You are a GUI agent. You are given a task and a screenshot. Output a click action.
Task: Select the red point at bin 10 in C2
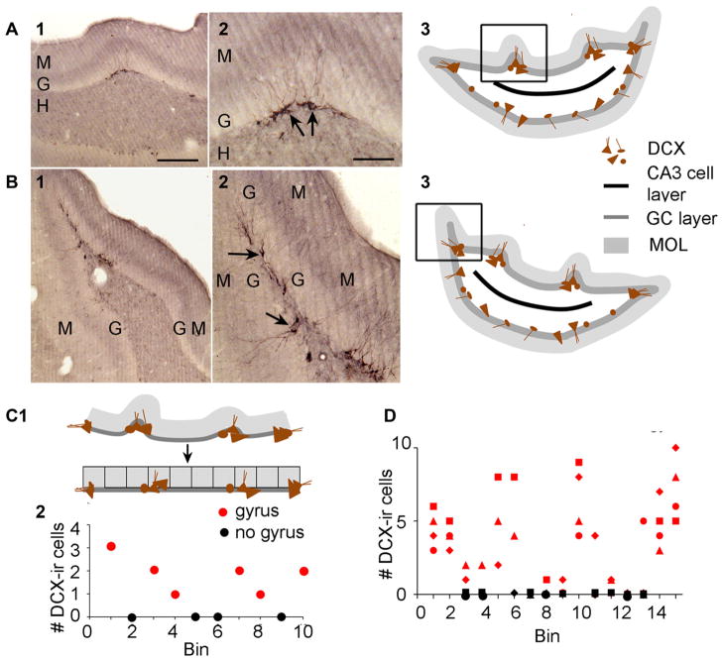click(303, 571)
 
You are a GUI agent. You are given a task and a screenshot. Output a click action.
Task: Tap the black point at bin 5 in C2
click(196, 615)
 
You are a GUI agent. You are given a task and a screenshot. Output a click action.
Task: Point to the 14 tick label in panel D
click(660, 614)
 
